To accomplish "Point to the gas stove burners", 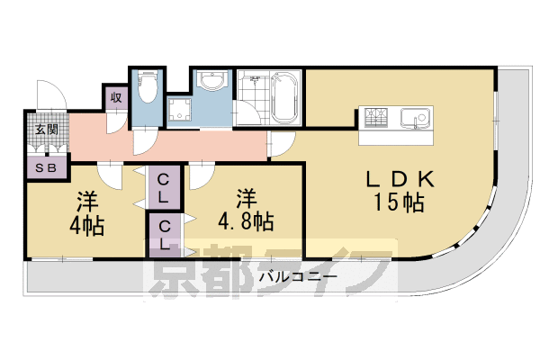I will [x=374, y=118].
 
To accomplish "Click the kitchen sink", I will [x=416, y=118].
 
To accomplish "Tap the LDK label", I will [x=400, y=180].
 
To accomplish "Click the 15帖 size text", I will [x=400, y=203].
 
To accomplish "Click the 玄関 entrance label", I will [x=47, y=130].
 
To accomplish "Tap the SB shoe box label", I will [x=45, y=167].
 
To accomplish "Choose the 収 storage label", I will [x=116, y=97].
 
